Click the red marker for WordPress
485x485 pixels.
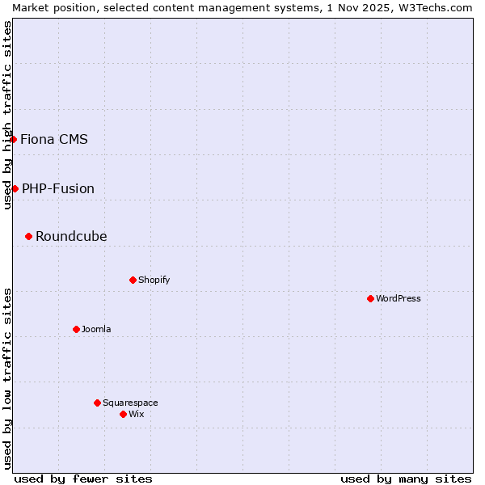pyautogui.click(x=370, y=298)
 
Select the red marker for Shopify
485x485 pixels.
pyautogui.click(x=133, y=280)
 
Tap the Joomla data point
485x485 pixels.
pyautogui.click(x=76, y=329)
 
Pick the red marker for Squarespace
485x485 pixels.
pyautogui.click(x=97, y=403)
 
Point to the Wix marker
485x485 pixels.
pyautogui.click(x=123, y=414)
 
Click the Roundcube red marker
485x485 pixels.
pyautogui.click(x=28, y=236)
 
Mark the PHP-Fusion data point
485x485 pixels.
pyautogui.click(x=15, y=188)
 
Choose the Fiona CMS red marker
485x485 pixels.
pyautogui.click(x=13, y=139)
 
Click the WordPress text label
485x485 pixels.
pyautogui.click(x=399, y=298)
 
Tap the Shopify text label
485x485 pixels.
pyautogui.click(x=154, y=280)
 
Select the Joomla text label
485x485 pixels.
pyautogui.click(x=96, y=329)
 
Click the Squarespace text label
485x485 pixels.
pyautogui.click(x=130, y=403)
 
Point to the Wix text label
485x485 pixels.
pyautogui.click(x=136, y=414)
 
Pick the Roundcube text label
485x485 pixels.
pyautogui.click(x=71, y=236)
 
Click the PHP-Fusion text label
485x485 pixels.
pyautogui.click(x=58, y=188)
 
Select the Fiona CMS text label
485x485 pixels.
pyautogui.click(x=54, y=139)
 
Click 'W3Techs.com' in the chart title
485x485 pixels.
pyautogui.click(x=441, y=6)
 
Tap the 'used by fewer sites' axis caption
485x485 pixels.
pyautogui.click(x=83, y=479)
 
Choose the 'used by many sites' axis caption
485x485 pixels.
pyautogui.click(x=406, y=479)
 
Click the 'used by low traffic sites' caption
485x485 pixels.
pyautogui.click(x=7, y=378)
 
